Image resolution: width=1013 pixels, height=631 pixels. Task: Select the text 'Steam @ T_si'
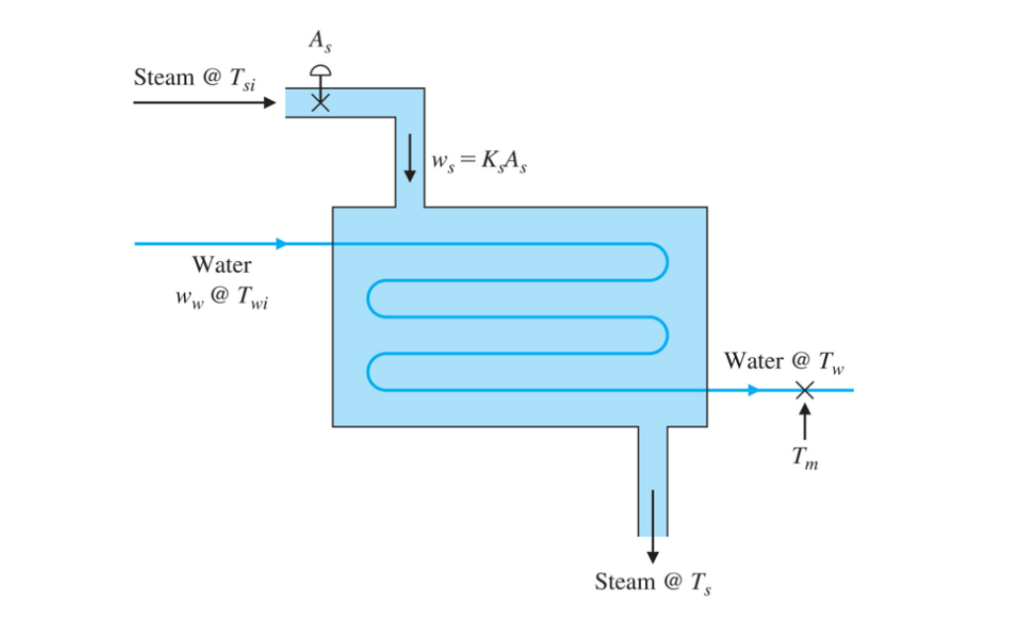195,78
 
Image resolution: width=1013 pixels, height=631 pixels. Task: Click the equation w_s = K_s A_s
480,161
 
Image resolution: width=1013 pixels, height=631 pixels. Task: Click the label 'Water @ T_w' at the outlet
784,362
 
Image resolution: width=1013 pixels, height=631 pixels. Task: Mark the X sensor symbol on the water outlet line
805,390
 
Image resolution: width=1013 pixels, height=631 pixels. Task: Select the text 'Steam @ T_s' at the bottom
653,583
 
